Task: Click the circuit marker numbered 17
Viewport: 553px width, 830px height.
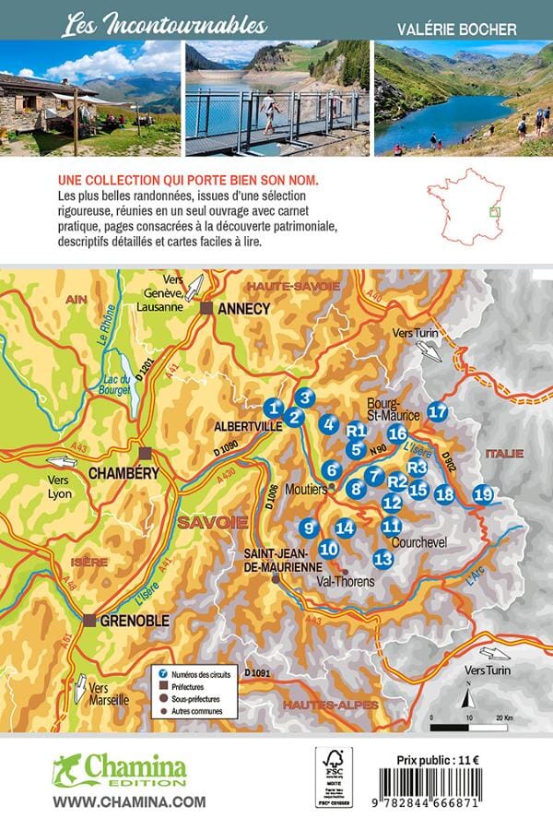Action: point(438,412)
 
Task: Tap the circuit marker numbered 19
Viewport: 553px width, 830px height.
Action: point(482,494)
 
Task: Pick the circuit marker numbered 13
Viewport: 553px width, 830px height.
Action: point(383,558)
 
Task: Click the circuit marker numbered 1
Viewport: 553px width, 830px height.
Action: point(272,407)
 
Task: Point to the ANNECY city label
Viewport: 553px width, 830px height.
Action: point(241,309)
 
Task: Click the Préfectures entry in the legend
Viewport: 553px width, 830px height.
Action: point(193,686)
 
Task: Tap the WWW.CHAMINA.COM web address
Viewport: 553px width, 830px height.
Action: point(129,802)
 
